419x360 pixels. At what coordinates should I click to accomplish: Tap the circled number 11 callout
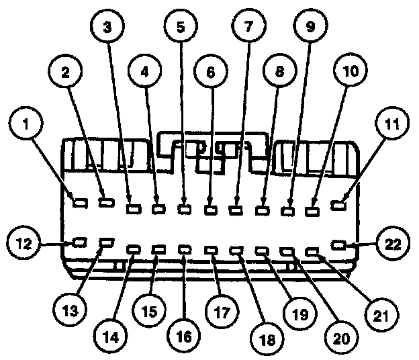pyautogui.click(x=391, y=124)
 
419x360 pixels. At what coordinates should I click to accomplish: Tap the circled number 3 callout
pyautogui.click(x=107, y=29)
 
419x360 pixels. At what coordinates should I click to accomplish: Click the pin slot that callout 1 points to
pyautogui.click(x=79, y=201)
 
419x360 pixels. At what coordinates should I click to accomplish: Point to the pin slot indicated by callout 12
pyautogui.click(x=79, y=241)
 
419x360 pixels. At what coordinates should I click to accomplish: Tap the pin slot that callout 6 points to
pyautogui.click(x=210, y=210)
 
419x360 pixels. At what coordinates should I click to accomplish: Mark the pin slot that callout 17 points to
pyautogui.click(x=210, y=251)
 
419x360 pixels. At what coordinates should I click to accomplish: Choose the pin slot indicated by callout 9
pyautogui.click(x=287, y=210)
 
